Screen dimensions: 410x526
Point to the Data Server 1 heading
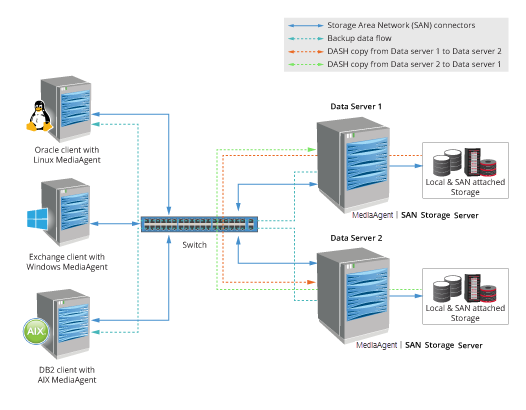(x=357, y=105)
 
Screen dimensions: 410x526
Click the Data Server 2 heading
(x=357, y=239)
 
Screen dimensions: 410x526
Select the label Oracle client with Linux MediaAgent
(x=67, y=155)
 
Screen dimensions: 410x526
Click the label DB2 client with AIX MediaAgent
(x=67, y=375)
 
